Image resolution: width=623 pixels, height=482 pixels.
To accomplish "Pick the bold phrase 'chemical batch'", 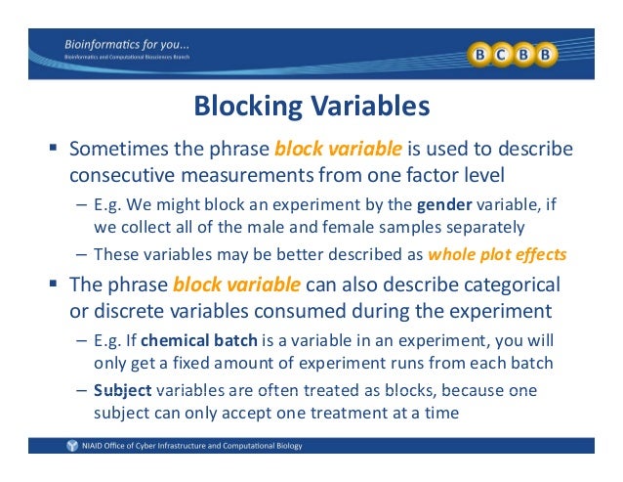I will pos(187,341).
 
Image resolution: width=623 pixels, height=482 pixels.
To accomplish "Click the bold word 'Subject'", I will pos(118,388).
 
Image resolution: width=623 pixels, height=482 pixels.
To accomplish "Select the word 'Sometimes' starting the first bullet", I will pos(119,150).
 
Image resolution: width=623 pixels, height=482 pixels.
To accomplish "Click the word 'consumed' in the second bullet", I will pos(325,313).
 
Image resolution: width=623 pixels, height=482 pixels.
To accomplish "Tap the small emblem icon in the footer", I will pos(70,446).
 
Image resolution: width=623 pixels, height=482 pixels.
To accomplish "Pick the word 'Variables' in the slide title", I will pos(372,105).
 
